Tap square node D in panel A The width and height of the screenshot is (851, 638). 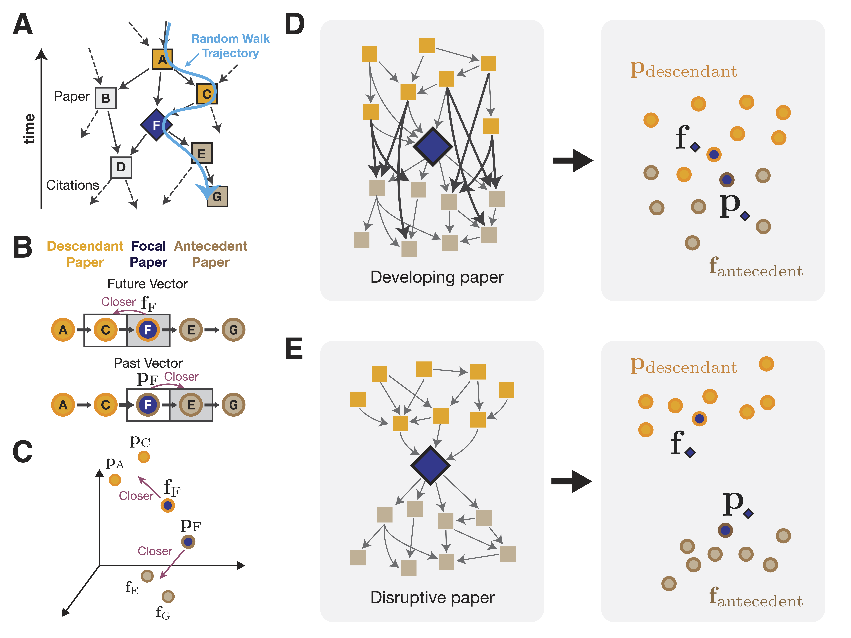(121, 167)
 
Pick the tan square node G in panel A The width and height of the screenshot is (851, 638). (217, 196)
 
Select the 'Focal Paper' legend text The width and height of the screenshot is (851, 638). (148, 254)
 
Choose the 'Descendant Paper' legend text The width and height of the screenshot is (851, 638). (85, 254)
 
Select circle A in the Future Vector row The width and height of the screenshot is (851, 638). (63, 330)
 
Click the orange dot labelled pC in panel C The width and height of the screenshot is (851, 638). (144, 457)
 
